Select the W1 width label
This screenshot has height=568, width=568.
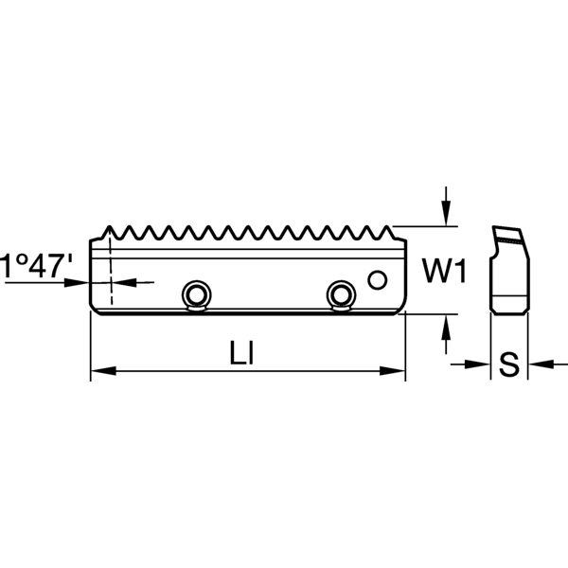[443, 273]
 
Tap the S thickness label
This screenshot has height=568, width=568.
[508, 364]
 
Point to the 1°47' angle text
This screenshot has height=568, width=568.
[35, 265]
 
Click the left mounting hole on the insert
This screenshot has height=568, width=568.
[197, 294]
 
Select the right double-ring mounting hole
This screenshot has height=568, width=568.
[339, 294]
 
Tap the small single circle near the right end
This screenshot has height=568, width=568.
[378, 279]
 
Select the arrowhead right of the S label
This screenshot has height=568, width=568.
[537, 364]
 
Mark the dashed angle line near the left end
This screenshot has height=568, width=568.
[110, 270]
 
